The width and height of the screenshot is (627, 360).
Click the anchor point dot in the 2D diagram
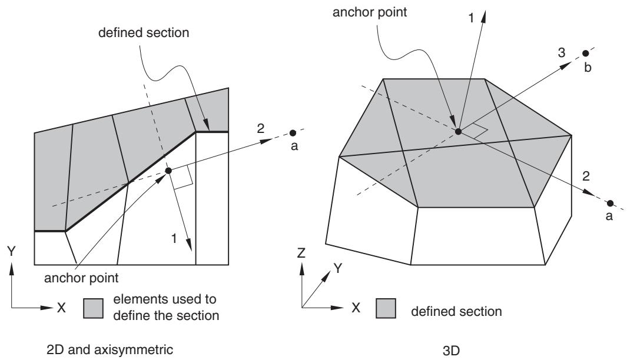(168, 171)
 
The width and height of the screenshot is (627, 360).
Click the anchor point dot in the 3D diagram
(458, 131)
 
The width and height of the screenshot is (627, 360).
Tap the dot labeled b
(585, 53)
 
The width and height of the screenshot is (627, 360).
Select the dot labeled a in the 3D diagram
(610, 204)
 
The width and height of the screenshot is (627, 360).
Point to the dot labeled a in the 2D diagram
(293, 133)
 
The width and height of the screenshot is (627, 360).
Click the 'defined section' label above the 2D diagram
(144, 32)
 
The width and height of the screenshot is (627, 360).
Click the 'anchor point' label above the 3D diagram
(370, 12)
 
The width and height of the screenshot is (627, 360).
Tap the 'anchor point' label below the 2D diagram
(81, 278)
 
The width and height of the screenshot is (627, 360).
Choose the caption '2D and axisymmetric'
(110, 349)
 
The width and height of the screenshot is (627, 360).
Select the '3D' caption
(451, 351)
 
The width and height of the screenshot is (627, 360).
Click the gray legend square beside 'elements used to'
(93, 308)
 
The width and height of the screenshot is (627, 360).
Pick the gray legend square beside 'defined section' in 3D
(386, 308)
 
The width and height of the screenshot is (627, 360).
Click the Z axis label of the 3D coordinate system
(301, 252)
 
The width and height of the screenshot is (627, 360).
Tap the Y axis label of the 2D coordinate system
(11, 251)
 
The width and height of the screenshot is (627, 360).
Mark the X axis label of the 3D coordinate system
(356, 308)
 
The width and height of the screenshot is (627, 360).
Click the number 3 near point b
(562, 52)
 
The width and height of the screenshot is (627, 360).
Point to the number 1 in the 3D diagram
(471, 18)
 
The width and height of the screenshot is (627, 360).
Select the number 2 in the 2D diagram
(260, 128)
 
